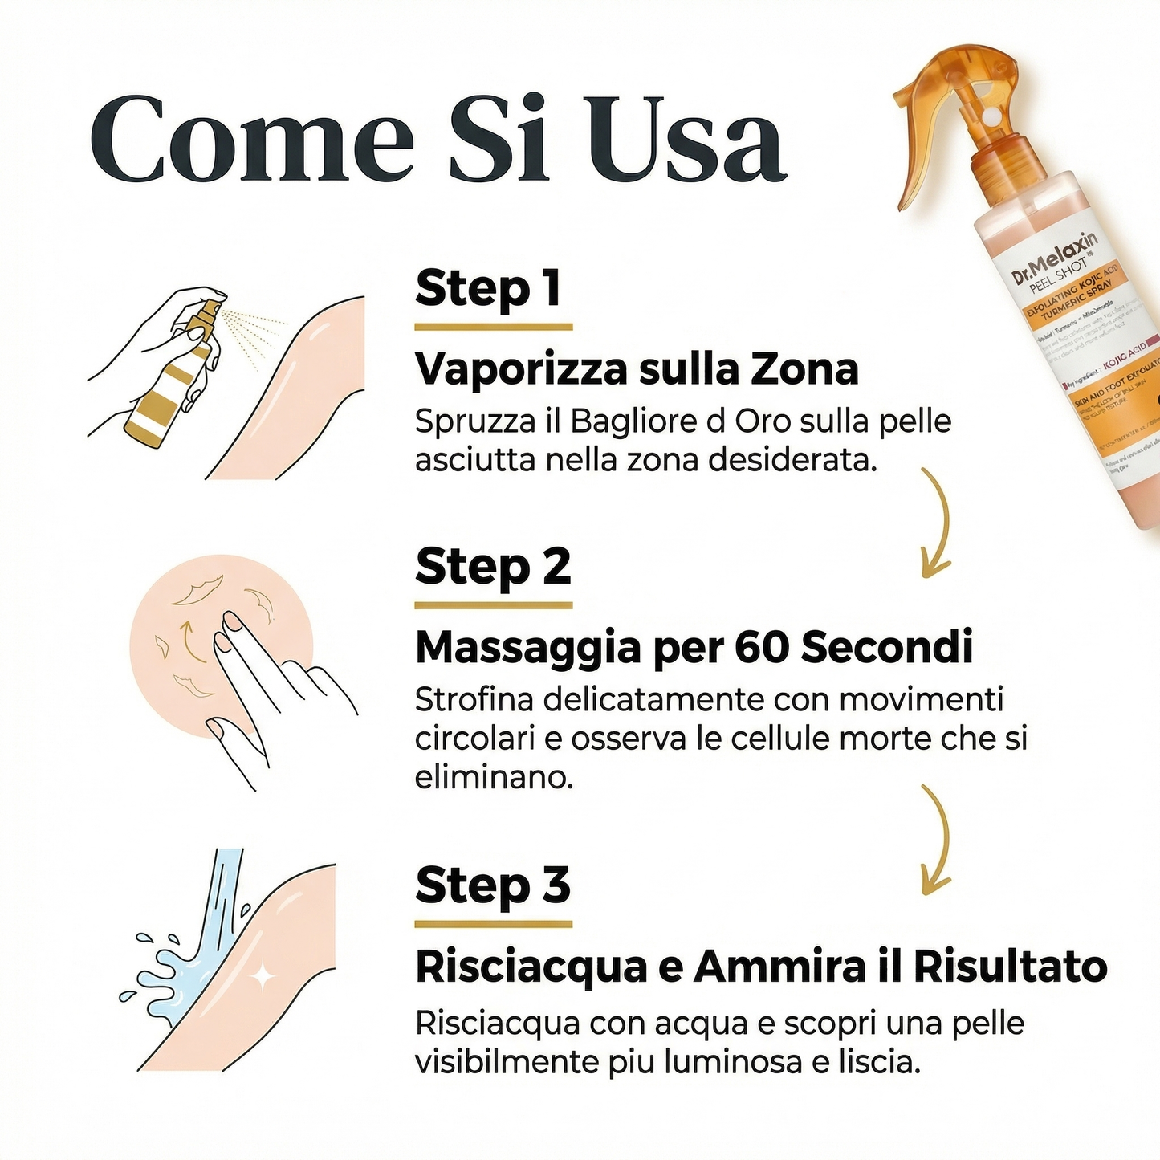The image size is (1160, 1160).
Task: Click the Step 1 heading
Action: click(488, 289)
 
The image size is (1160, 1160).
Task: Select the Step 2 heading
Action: click(493, 567)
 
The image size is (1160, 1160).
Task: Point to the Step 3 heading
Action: click(493, 885)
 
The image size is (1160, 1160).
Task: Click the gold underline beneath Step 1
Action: click(493, 327)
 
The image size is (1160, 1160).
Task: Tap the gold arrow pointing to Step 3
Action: click(936, 839)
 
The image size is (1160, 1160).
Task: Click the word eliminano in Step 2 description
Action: click(493, 777)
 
